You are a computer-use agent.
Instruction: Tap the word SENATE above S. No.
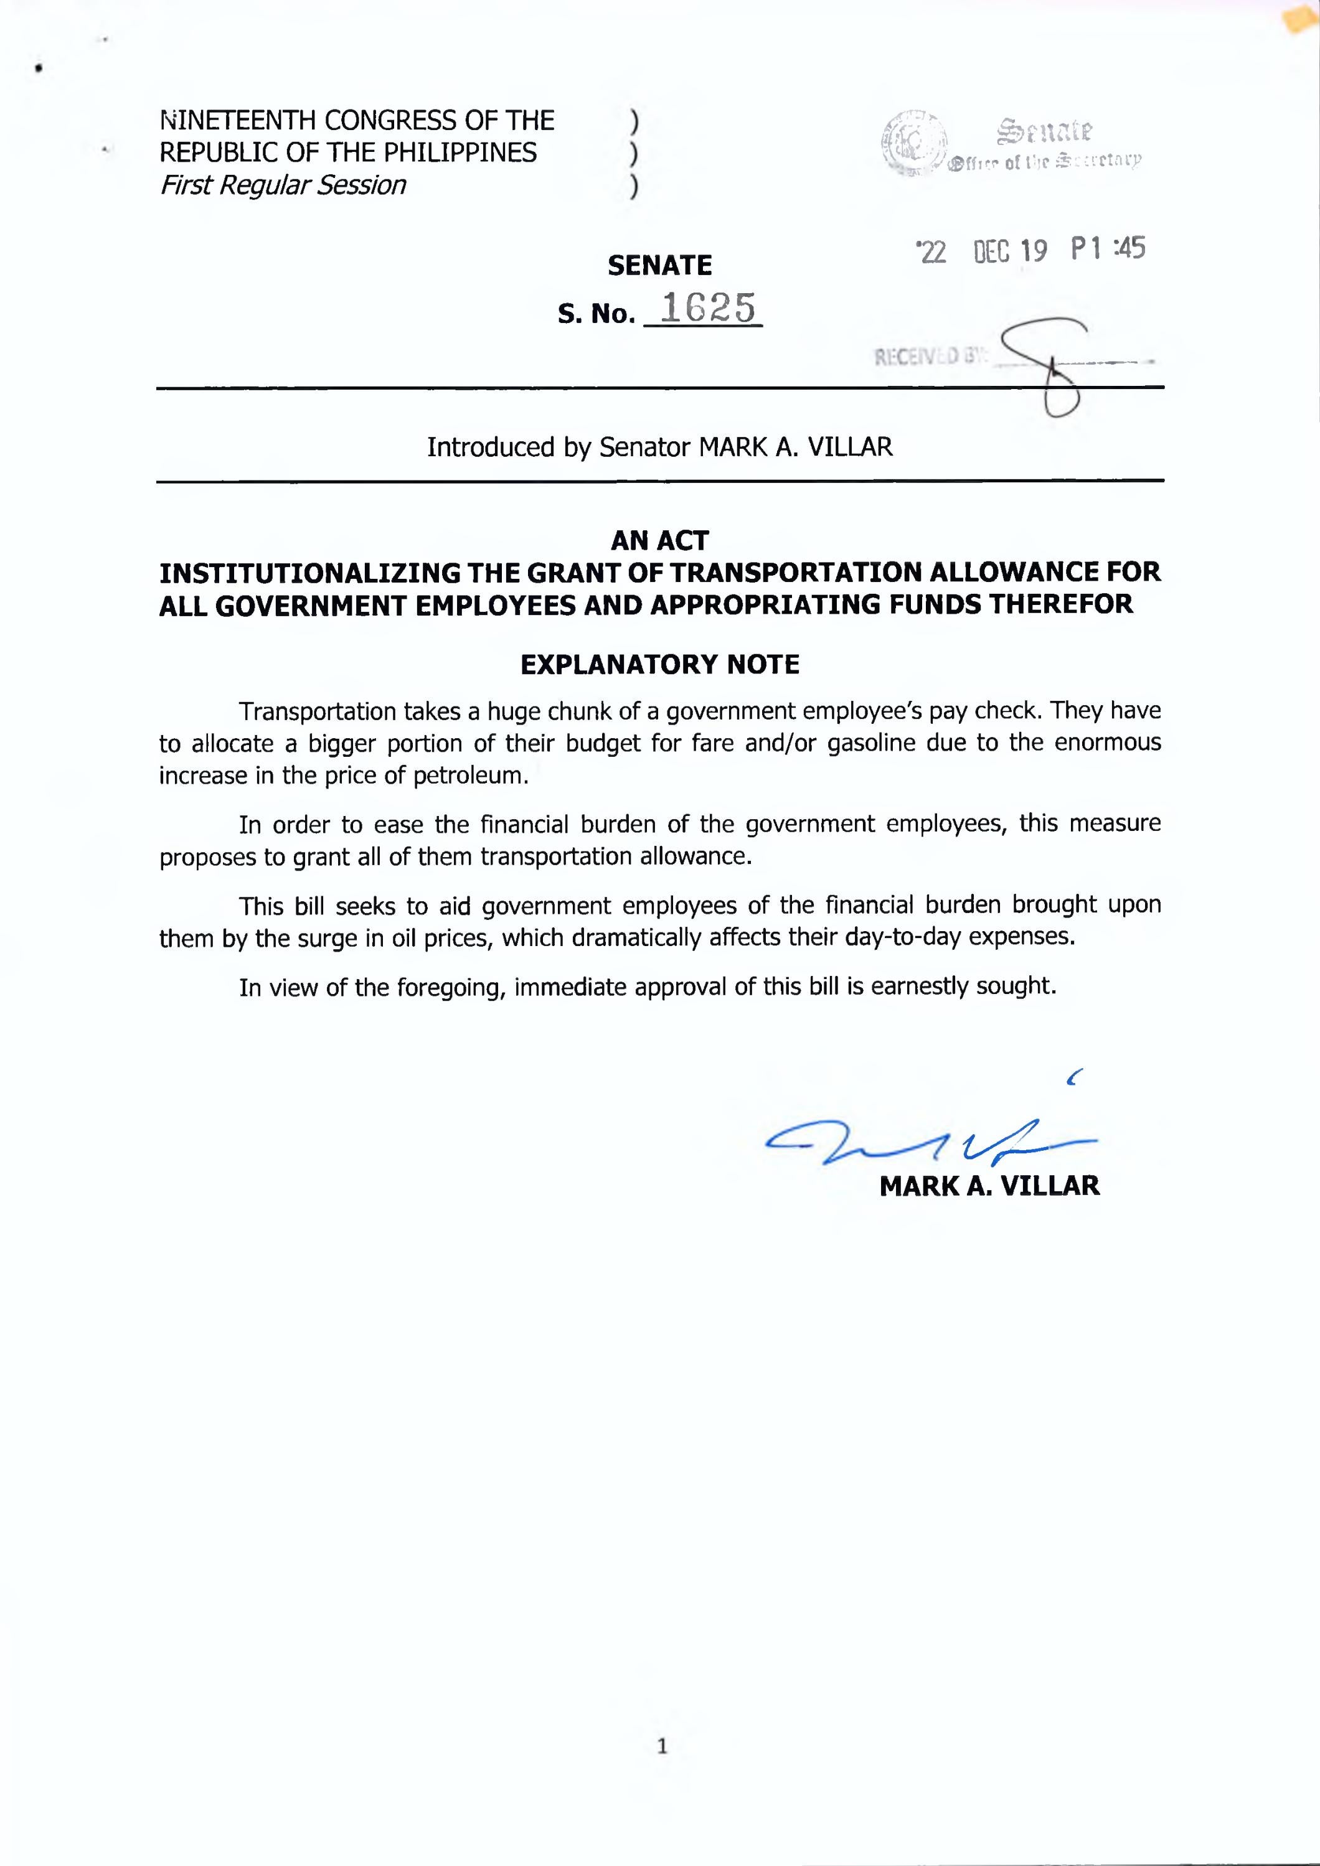pyautogui.click(x=659, y=265)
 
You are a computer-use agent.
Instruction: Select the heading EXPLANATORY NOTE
pyautogui.click(x=659, y=665)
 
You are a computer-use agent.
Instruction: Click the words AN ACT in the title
pyautogui.click(x=659, y=540)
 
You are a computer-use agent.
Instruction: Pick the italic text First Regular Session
pyautogui.click(x=283, y=185)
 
